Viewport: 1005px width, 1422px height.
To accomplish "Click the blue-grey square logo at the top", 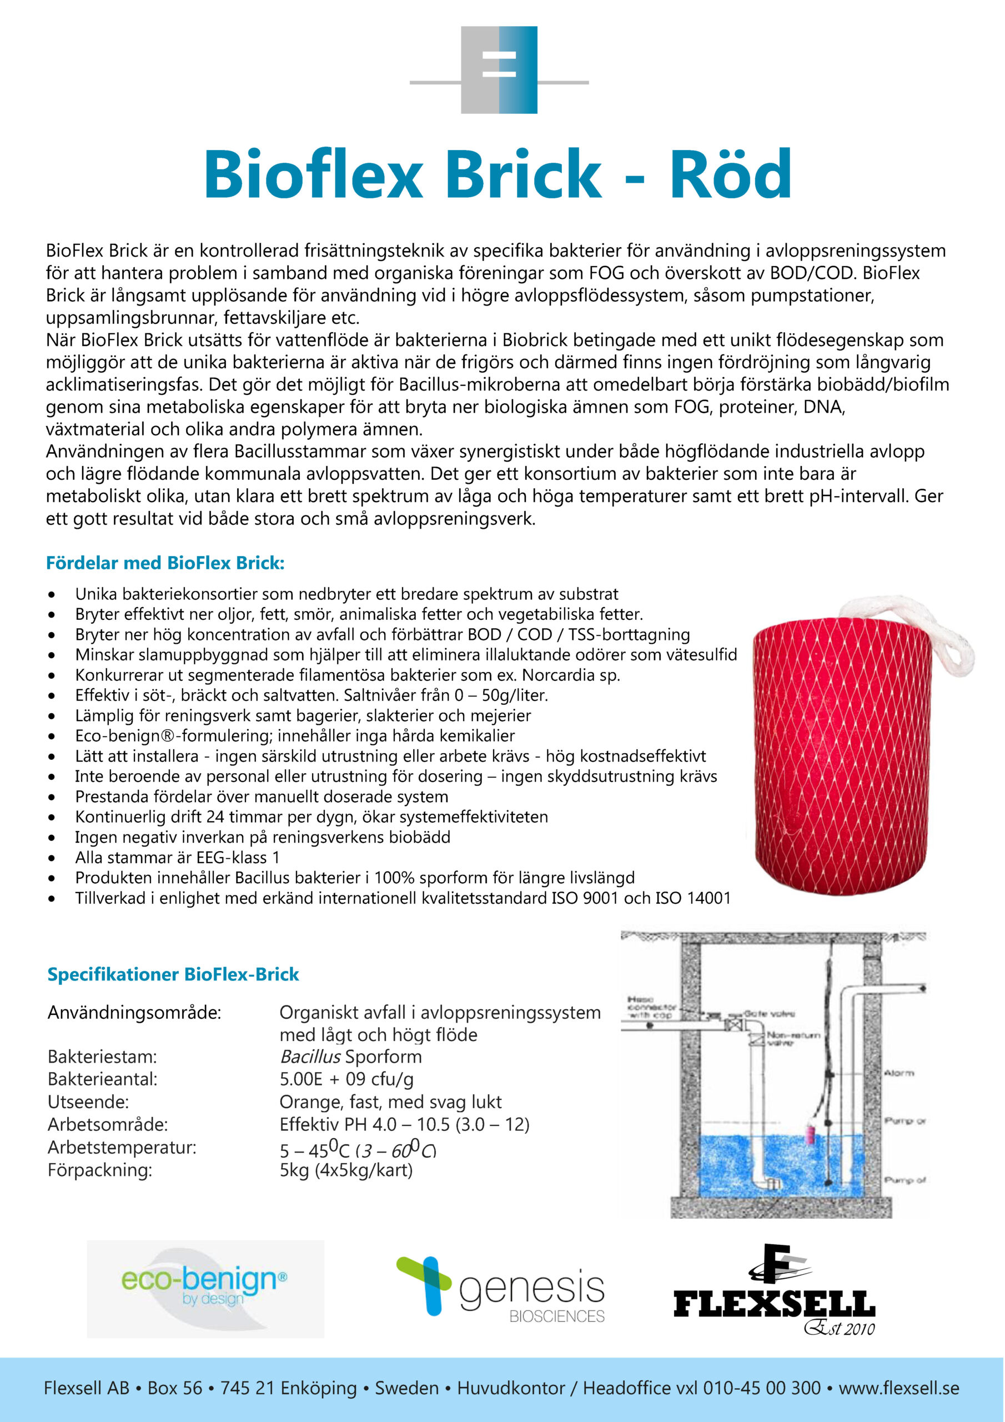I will [499, 69].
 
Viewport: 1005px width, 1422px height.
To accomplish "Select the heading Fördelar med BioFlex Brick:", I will [165, 563].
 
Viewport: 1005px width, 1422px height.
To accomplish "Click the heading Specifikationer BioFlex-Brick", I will [173, 974].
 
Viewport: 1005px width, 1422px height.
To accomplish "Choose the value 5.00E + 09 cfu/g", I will [346, 1079].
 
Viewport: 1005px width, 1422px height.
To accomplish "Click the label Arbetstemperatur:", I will [122, 1147].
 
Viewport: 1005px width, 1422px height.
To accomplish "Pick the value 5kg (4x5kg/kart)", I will [345, 1170].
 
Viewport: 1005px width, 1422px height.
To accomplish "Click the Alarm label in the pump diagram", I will [898, 1073].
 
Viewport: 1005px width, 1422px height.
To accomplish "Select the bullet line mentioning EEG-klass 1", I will [177, 857].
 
